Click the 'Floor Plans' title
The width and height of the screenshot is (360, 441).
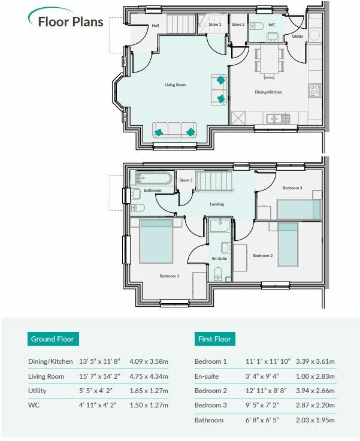pyautogui.click(x=71, y=22)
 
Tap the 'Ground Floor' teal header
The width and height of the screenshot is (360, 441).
pyautogui.click(x=53, y=339)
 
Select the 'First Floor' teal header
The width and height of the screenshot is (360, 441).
pyautogui.click(x=214, y=339)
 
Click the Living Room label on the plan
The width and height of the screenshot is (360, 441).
pyautogui.click(x=176, y=84)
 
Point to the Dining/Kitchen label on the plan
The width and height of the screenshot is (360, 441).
pyautogui.click(x=268, y=92)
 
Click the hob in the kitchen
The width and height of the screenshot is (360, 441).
pyautogui.click(x=314, y=90)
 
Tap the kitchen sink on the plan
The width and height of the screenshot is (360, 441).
pyautogui.click(x=278, y=119)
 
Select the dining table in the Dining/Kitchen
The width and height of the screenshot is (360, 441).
pyautogui.click(x=269, y=59)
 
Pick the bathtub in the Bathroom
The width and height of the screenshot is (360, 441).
pyautogui.click(x=153, y=178)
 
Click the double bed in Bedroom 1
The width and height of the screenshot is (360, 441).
pyautogui.click(x=156, y=241)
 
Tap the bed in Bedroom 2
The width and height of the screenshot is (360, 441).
pyautogui.click(x=288, y=244)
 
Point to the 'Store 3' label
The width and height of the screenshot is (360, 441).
pyautogui.click(x=186, y=180)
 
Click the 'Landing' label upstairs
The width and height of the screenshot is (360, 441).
pyautogui.click(x=217, y=204)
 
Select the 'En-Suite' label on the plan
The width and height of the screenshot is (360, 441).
pyautogui.click(x=219, y=258)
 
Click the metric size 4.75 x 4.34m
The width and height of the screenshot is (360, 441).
pyautogui.click(x=149, y=376)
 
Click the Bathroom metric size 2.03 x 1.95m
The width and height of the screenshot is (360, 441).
pyautogui.click(x=315, y=420)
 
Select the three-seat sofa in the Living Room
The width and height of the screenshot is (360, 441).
pyautogui.click(x=174, y=130)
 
